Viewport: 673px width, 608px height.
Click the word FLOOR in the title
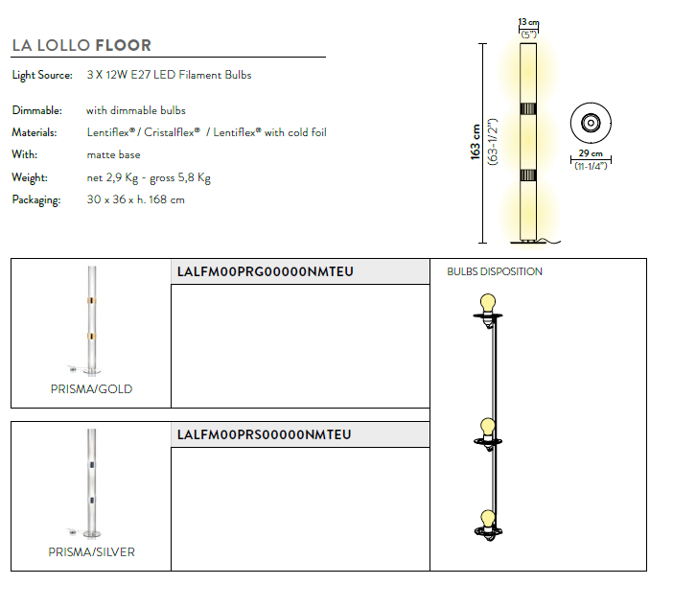(x=123, y=45)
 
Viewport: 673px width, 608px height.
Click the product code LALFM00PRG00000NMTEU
(x=266, y=271)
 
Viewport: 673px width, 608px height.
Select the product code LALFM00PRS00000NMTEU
(x=265, y=435)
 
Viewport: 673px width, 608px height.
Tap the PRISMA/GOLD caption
(x=91, y=389)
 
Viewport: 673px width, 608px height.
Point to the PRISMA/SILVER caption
(x=91, y=552)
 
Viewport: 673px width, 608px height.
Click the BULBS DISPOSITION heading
(x=495, y=271)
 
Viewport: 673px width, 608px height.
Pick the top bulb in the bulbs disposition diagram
(x=488, y=304)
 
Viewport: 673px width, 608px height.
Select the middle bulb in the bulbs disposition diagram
(x=488, y=428)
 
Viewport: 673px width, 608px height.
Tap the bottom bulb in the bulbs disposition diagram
(x=488, y=519)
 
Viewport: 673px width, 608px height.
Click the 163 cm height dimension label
(x=476, y=142)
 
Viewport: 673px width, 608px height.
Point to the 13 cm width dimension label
(x=528, y=22)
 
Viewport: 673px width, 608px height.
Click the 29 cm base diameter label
(x=591, y=153)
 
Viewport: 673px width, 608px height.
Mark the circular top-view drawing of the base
(x=591, y=123)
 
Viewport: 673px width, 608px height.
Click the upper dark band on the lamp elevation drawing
(x=528, y=108)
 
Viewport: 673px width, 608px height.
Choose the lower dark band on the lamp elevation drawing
(x=528, y=175)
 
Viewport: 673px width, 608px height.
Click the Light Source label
(x=42, y=75)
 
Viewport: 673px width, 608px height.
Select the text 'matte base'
(x=113, y=155)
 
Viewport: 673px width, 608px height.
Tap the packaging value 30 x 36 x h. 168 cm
(x=135, y=199)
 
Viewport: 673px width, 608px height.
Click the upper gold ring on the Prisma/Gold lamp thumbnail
(x=92, y=300)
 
